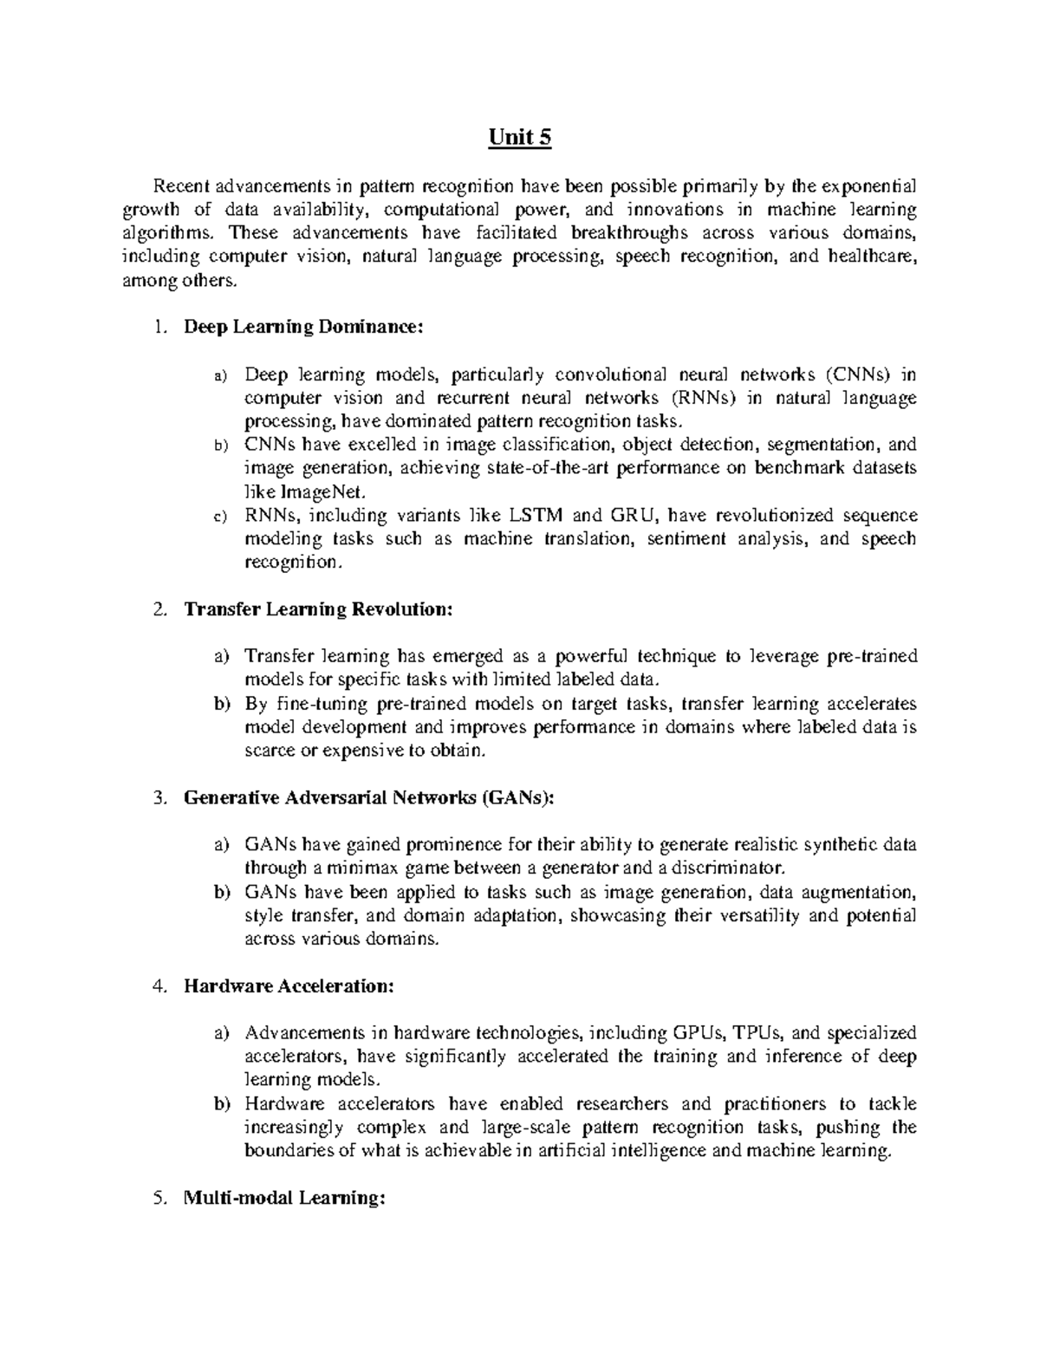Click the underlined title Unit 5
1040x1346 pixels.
pos(520,138)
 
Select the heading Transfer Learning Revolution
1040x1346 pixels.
pos(318,608)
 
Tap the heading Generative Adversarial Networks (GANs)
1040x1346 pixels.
pos(368,797)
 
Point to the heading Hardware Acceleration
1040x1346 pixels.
pos(289,986)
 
